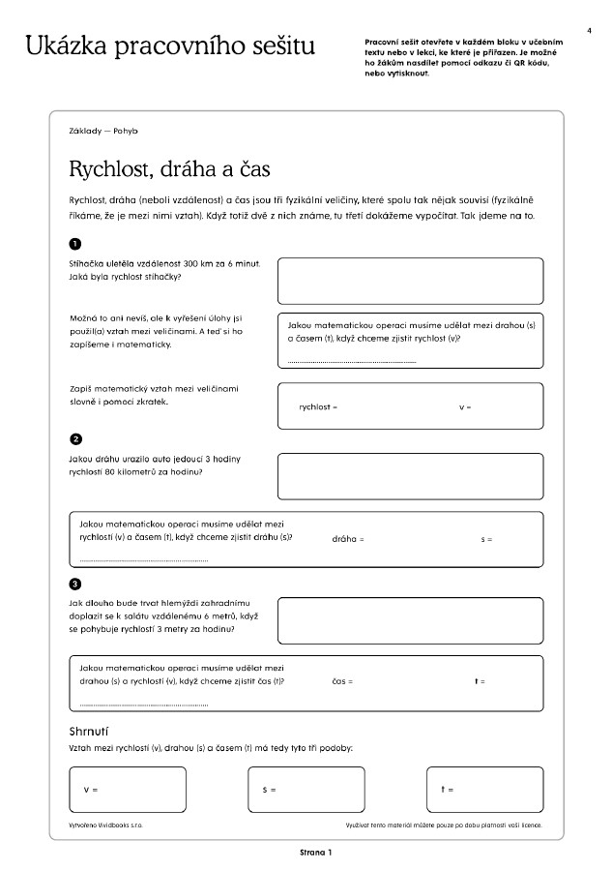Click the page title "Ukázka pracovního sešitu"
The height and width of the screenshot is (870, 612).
pos(170,45)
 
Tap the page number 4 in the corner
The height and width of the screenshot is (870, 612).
pos(589,32)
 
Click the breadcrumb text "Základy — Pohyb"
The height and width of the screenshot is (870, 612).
pos(98,130)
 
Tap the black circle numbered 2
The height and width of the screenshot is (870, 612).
pos(76,437)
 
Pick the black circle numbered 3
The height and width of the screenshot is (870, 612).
pos(76,584)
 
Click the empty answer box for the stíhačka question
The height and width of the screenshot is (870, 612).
pos(412,281)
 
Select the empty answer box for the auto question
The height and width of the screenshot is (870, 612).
pos(412,476)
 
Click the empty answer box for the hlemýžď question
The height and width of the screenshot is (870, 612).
pos(412,621)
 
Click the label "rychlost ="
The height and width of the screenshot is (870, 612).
pos(318,406)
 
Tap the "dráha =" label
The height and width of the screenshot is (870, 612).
pos(347,538)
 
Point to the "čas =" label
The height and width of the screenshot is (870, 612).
pos(342,681)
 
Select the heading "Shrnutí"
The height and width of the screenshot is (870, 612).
pos(88,731)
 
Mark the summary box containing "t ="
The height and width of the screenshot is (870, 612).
pos(483,790)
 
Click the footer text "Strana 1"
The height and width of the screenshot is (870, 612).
pos(315,853)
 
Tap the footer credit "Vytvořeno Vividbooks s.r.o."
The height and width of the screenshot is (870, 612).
pos(106,825)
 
